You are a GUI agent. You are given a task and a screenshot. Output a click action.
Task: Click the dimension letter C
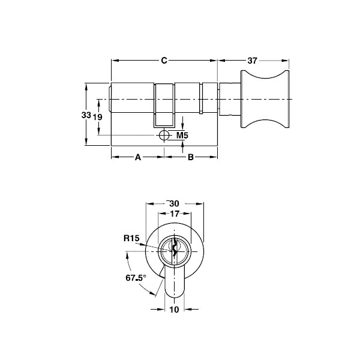[x=164, y=61]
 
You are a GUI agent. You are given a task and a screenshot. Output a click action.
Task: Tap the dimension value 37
[x=253, y=61]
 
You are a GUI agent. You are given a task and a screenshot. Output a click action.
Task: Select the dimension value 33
[x=86, y=115]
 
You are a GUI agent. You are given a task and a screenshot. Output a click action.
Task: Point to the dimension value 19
[x=99, y=117]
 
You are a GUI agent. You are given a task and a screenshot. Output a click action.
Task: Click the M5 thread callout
[x=182, y=136]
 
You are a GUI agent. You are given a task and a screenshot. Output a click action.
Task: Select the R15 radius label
[x=131, y=238]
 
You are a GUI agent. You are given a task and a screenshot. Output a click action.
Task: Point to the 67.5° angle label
[x=136, y=278]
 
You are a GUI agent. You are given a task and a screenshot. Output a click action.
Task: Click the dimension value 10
[x=175, y=310]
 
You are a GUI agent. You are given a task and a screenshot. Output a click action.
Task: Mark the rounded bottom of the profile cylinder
[x=175, y=292]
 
